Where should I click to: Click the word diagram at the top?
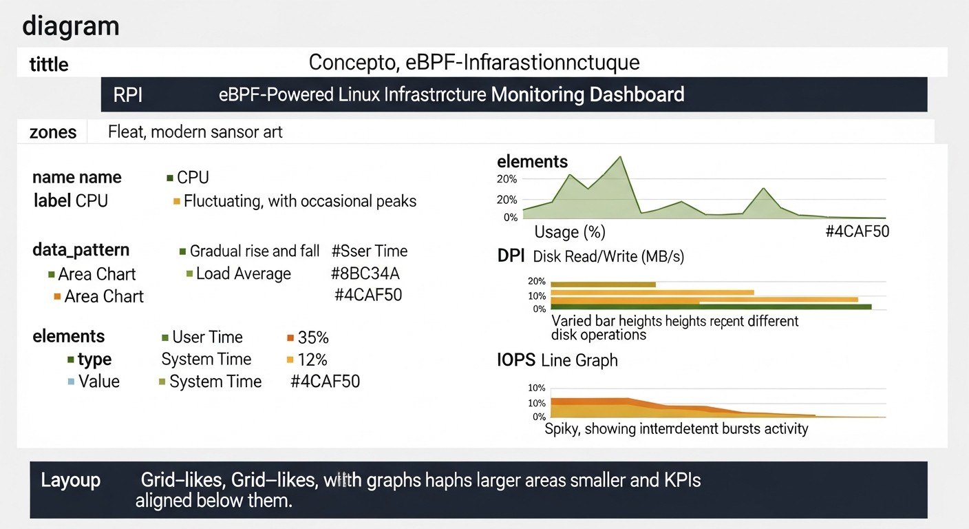pos(70,26)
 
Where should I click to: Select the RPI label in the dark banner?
pos(128,94)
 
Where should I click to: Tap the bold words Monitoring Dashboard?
pos(588,94)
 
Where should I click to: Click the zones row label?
pos(53,132)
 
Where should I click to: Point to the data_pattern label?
pos(81,250)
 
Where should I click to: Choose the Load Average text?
pos(243,273)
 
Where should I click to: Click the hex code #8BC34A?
pos(365,273)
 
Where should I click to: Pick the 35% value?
pos(313,338)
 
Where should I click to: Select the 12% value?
pos(312,360)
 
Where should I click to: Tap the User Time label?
pos(207,338)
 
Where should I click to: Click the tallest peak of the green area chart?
pos(621,158)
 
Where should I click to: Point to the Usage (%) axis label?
pos(570,231)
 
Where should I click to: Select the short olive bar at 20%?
pos(603,284)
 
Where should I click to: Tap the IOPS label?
pos(517,360)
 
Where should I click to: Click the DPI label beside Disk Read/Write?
pos(511,256)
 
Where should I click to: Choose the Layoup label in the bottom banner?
pos(70,480)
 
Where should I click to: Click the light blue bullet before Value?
pos(71,382)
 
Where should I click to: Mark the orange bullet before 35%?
pos(290,338)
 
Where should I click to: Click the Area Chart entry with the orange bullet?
pos(103,296)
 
